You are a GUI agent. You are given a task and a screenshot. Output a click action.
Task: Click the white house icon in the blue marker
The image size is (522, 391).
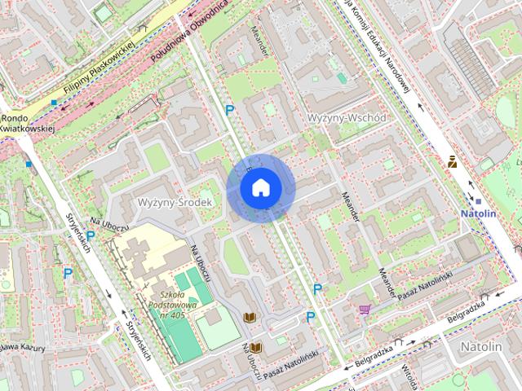click(x=260, y=188)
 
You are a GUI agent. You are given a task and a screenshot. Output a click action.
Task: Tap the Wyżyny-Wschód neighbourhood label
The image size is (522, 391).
click(x=347, y=118)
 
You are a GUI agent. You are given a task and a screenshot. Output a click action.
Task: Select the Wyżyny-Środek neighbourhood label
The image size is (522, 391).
click(x=175, y=201)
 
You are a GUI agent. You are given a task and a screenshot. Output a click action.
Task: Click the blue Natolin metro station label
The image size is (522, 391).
click(x=479, y=213)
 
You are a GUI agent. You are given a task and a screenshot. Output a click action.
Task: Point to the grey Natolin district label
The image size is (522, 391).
click(x=481, y=346)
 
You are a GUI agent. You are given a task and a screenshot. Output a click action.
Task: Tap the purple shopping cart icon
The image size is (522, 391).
click(x=365, y=310)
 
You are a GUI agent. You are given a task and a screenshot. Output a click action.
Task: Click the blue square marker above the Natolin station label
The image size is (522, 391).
click(x=479, y=201)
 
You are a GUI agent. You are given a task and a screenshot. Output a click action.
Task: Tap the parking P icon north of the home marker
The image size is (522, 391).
click(x=230, y=109)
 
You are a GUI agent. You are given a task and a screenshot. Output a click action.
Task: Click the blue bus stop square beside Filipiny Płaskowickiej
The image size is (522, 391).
click(x=54, y=103)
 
